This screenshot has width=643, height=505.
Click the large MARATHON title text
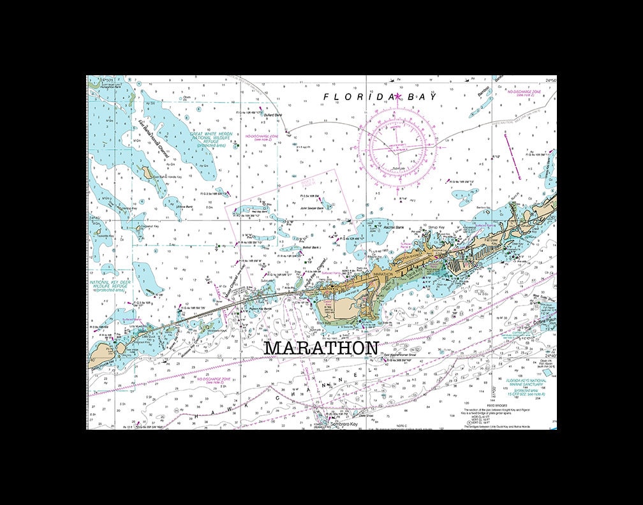point(321,348)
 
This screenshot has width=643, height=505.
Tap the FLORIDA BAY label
point(380,97)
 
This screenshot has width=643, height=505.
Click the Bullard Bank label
point(272,115)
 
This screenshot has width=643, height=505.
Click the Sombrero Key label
point(344,423)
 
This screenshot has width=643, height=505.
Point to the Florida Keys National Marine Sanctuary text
point(524,384)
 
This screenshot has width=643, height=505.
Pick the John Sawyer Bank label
point(312,208)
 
